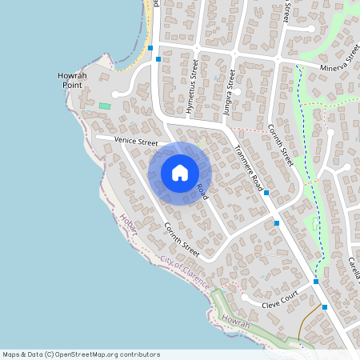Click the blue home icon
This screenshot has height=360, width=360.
click(x=180, y=173)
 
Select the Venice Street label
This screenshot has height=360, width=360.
click(x=136, y=142)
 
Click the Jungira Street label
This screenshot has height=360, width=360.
click(x=230, y=92)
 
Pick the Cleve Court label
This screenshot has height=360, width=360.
click(x=281, y=300)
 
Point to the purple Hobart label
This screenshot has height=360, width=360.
click(x=129, y=224)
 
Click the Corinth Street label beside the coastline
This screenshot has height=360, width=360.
click(x=181, y=239)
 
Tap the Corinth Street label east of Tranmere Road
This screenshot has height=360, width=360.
click(x=281, y=145)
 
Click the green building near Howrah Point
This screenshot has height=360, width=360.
click(x=105, y=106)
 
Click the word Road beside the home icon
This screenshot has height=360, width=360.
click(x=202, y=192)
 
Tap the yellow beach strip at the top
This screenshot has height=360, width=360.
click(x=149, y=32)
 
